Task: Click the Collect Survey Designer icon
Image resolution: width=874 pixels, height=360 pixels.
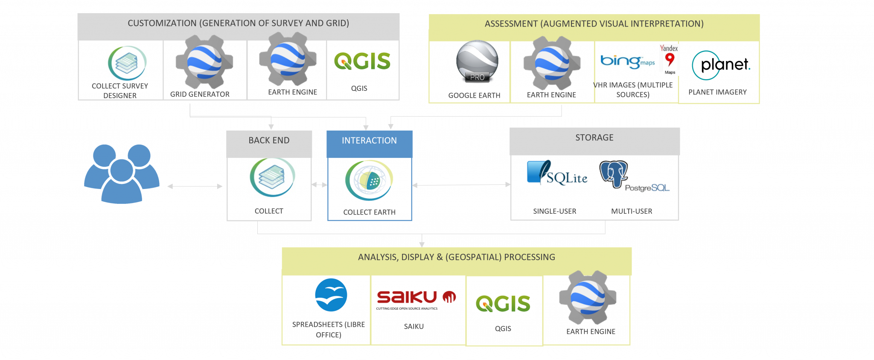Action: [127, 63]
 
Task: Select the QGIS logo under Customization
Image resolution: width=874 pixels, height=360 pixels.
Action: [362, 62]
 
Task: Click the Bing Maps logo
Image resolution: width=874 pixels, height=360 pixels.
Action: [627, 62]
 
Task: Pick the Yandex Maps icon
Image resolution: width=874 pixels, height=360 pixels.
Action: [669, 59]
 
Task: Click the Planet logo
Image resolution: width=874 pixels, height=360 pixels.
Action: [721, 65]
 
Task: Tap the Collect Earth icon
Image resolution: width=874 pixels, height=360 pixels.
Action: [369, 180]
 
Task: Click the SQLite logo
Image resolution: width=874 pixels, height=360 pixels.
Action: [557, 173]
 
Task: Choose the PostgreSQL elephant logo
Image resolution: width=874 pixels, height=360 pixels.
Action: [614, 174]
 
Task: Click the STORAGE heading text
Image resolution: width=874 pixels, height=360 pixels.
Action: [594, 138]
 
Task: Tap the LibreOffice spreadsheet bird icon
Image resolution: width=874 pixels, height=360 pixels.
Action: [331, 296]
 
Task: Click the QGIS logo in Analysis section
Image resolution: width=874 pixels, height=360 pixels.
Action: [503, 305]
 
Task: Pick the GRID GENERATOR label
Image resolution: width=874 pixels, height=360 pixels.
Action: [200, 94]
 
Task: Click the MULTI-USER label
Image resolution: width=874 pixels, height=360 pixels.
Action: [631, 212]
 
